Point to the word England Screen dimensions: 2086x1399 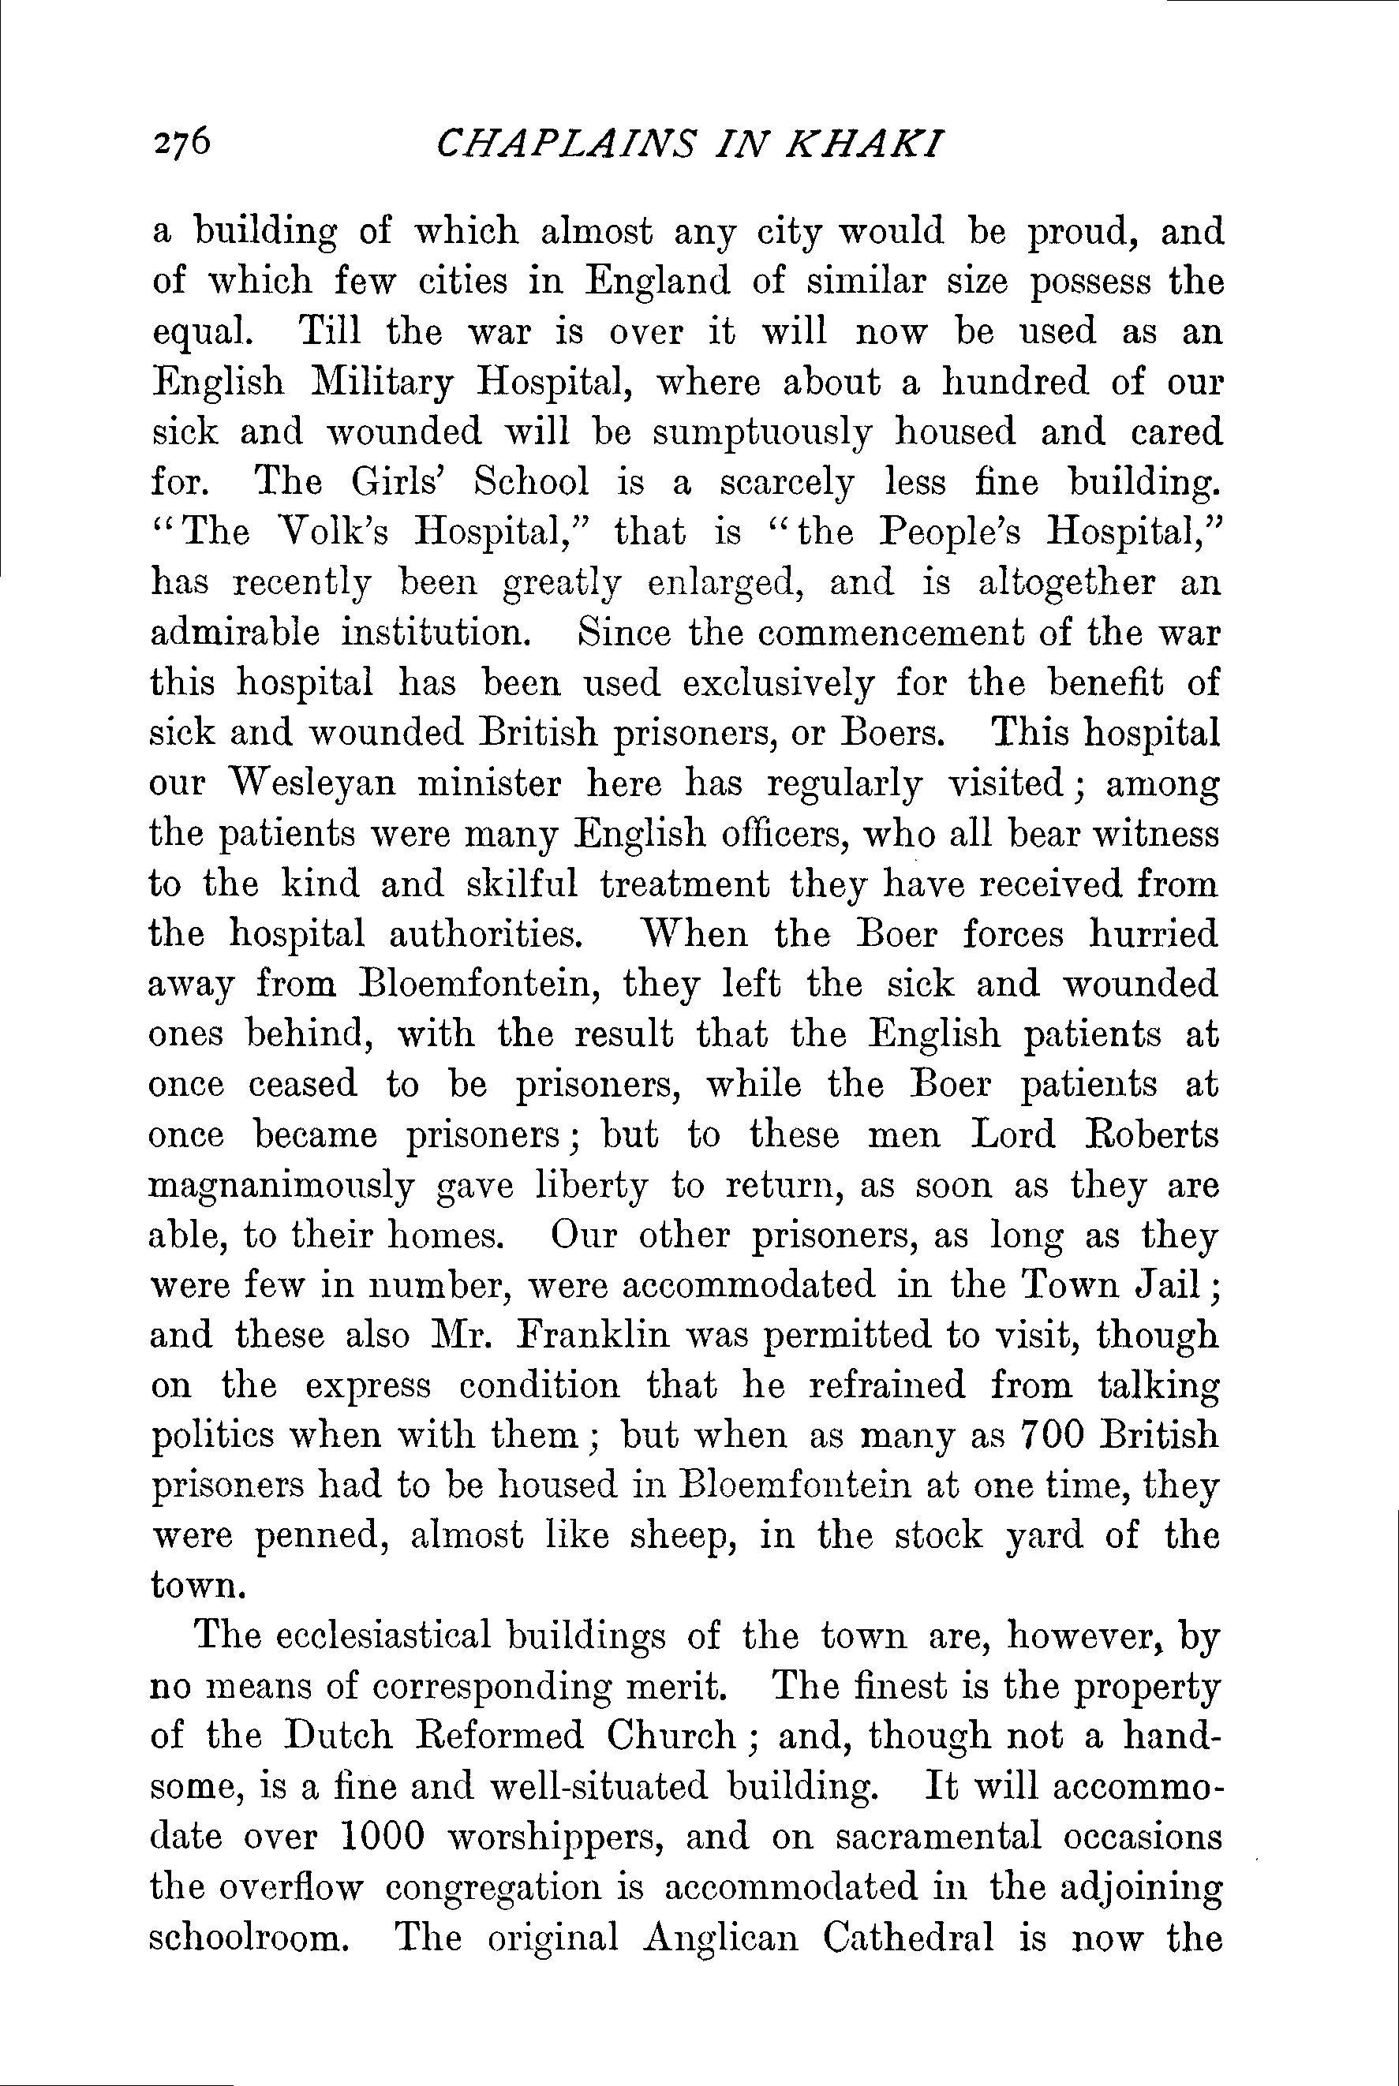click(x=656, y=282)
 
